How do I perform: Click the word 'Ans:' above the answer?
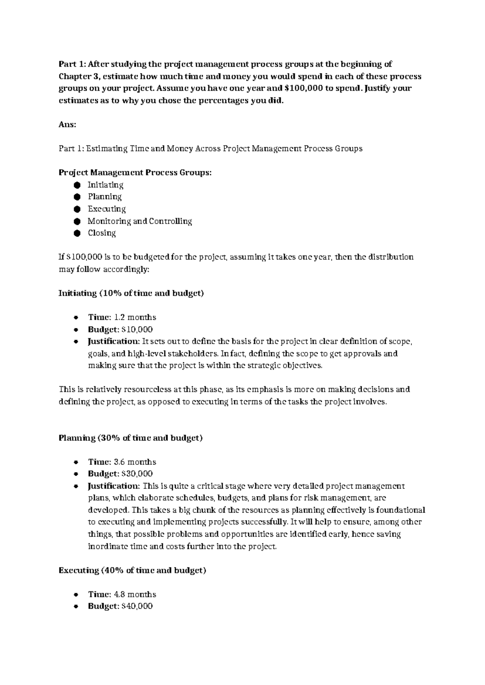pyautogui.click(x=67, y=125)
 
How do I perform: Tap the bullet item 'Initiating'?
pyautogui.click(x=105, y=185)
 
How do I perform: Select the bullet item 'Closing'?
pyautogui.click(x=102, y=233)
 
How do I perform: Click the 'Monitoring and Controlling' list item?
pyautogui.click(x=139, y=221)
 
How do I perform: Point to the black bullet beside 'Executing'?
pyautogui.click(x=77, y=209)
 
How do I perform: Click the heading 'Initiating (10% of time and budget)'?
pyautogui.click(x=131, y=293)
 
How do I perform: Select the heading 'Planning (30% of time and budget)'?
pyautogui.click(x=130, y=438)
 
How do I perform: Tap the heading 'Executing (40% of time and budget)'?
pyautogui.click(x=132, y=570)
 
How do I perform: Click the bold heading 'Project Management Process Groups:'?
pyautogui.click(x=135, y=173)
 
